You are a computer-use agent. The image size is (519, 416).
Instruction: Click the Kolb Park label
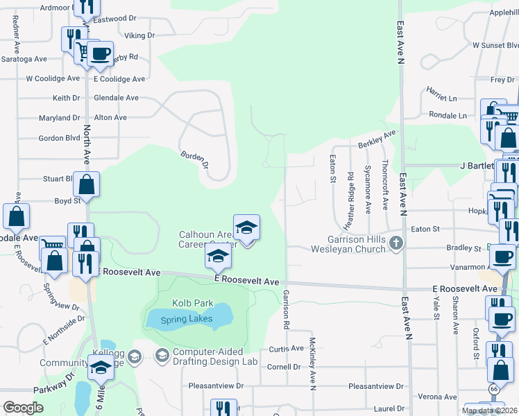(x=194, y=304)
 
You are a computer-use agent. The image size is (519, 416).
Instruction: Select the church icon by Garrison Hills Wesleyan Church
(x=395, y=243)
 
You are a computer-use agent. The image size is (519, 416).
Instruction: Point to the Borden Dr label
(x=195, y=160)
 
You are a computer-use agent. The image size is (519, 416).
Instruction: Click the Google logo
(x=23, y=408)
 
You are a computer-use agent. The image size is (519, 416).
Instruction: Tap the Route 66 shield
(x=493, y=390)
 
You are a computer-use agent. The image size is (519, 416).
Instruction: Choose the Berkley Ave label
(x=376, y=138)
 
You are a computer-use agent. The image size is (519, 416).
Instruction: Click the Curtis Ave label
(x=287, y=348)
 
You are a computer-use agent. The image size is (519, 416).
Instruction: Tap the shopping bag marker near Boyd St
(x=87, y=186)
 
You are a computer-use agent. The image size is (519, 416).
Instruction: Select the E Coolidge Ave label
(x=119, y=79)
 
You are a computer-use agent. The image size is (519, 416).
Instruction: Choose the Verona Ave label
(x=438, y=397)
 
